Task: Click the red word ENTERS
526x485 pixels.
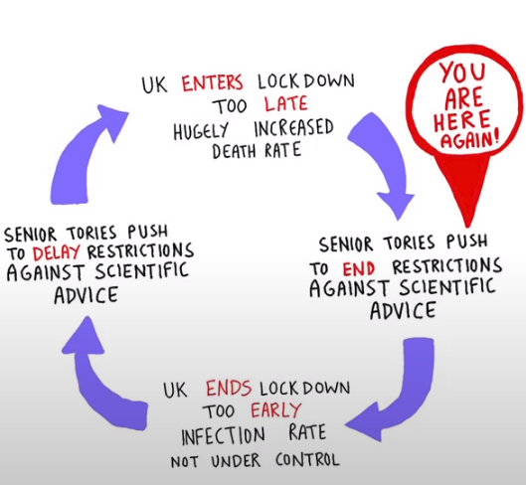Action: tap(213, 83)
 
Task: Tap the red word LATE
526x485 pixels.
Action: tap(285, 104)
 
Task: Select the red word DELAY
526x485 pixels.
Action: tap(57, 252)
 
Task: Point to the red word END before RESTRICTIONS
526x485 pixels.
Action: tap(358, 268)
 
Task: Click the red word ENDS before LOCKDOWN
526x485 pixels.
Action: tap(229, 388)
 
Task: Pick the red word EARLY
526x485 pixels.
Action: tap(276, 409)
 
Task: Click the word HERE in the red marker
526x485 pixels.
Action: tap(461, 121)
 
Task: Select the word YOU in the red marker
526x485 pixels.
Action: tap(463, 73)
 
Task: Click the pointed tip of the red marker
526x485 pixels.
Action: tap(467, 227)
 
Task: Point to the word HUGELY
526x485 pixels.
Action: tap(201, 130)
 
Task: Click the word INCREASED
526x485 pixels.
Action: tap(294, 127)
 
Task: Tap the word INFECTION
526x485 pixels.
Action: tap(223, 436)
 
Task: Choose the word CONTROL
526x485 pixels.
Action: tap(307, 460)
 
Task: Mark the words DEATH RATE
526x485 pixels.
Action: tap(257, 151)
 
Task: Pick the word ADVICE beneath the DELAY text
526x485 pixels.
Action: tap(87, 295)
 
